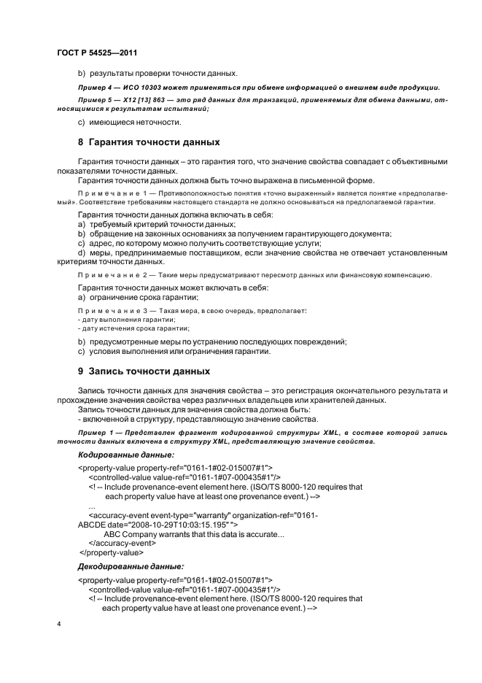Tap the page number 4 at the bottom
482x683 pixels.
59,624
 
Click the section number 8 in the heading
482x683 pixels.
81,142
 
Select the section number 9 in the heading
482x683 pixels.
81,371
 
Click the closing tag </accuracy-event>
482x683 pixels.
122,543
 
